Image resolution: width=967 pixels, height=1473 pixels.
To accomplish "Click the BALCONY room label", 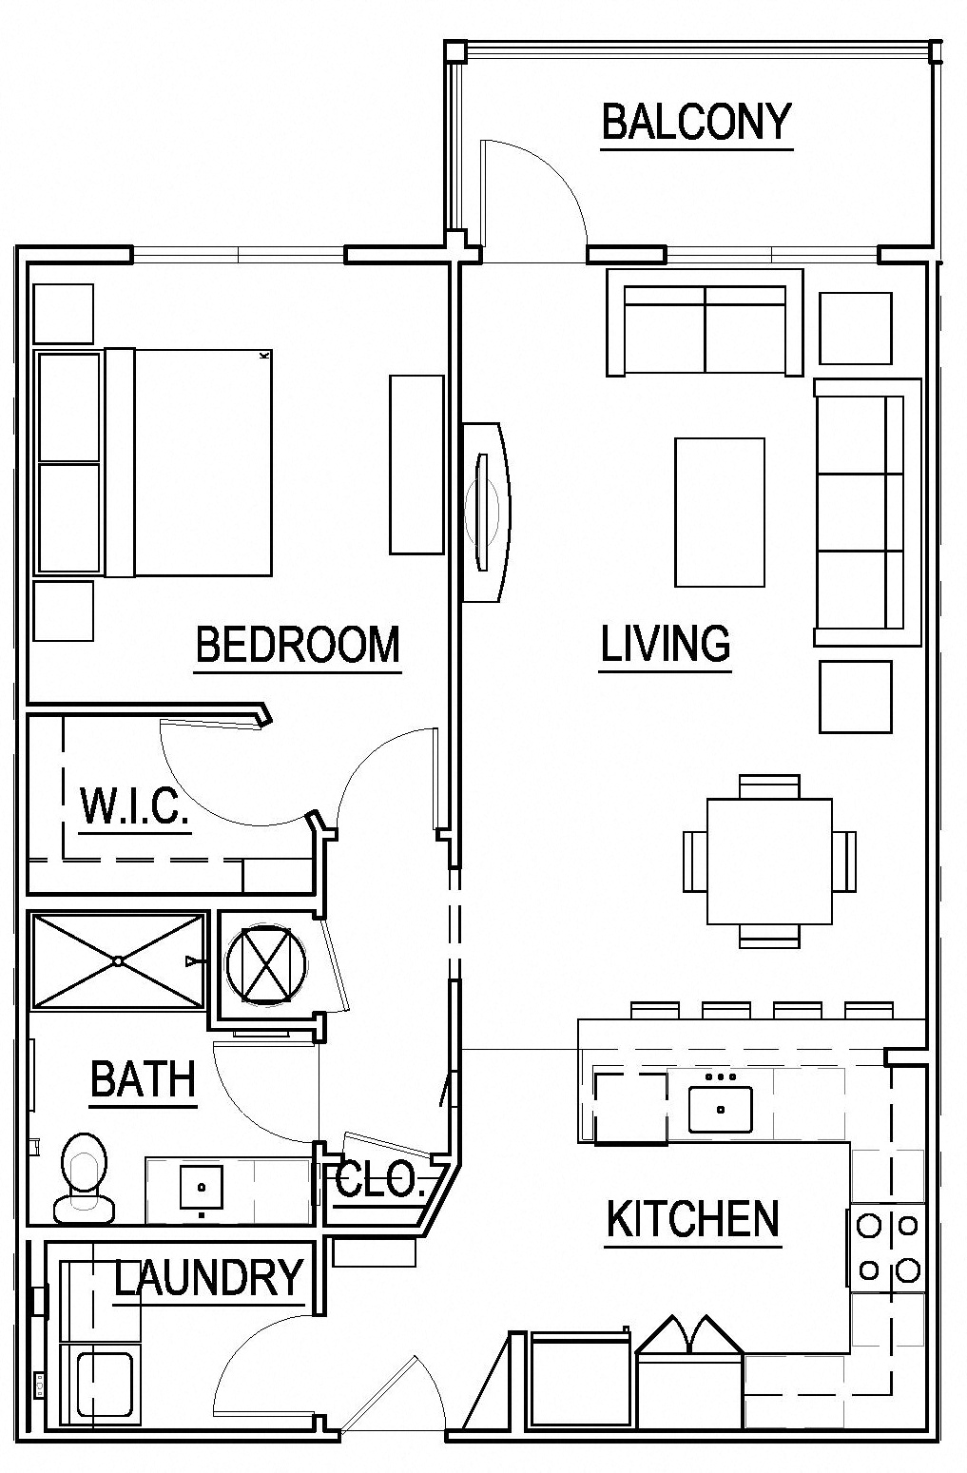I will point(696,122).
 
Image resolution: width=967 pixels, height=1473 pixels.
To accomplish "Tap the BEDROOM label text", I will point(298,645).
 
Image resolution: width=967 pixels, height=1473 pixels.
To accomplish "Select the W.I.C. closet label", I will point(133,806).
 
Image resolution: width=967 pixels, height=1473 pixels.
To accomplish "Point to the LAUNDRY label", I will point(209,1277).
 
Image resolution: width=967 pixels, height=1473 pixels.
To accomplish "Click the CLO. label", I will point(377,1180).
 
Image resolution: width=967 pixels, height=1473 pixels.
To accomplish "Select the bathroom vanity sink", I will point(202,1187).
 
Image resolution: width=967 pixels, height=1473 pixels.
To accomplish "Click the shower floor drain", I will point(117,960).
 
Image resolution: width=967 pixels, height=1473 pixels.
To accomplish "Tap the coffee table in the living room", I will point(719,512).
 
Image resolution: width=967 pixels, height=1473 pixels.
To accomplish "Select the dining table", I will point(768,862).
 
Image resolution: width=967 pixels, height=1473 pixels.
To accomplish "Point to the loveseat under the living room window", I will point(705,323).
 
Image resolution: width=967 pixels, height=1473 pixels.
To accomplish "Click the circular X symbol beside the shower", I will point(267,963).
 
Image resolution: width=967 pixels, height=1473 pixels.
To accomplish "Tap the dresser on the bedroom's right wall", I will point(416,464).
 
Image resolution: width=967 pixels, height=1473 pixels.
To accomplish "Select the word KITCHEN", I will point(693,1219).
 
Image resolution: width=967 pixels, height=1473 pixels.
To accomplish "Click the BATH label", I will point(143,1079).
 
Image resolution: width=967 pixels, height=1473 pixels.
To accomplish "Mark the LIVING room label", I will point(666,644).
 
